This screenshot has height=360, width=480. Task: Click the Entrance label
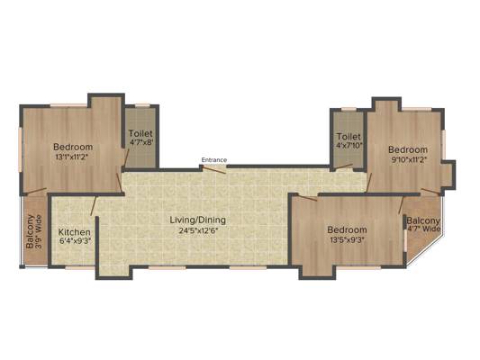tap(213, 160)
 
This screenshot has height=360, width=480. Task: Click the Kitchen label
tap(74, 231)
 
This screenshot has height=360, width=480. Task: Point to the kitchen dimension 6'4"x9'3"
tap(74, 241)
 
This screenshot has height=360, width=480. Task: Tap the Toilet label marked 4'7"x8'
tap(140, 132)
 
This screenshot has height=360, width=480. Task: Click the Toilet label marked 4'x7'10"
tap(348, 137)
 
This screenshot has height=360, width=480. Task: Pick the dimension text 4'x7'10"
tap(348, 147)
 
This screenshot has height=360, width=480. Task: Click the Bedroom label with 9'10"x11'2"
tap(406, 148)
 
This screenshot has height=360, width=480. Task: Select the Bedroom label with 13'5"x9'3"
tap(347, 229)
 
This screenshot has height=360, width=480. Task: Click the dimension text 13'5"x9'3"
tap(347, 240)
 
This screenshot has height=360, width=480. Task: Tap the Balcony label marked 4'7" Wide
tap(422, 220)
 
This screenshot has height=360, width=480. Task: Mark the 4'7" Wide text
tap(423, 229)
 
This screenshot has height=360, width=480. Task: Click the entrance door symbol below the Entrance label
tap(214, 168)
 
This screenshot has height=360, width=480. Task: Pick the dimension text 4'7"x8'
tap(140, 142)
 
